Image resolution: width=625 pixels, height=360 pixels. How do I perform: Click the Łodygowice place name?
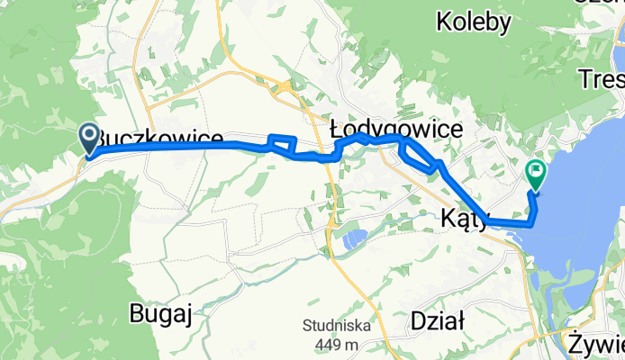tap(396, 130)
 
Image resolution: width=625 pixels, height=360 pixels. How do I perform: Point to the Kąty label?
tap(465, 217)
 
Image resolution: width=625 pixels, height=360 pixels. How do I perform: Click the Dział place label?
tap(437, 320)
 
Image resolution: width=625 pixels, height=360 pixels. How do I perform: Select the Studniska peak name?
tap(336, 327)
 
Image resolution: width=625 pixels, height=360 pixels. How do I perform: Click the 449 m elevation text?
tap(336, 344)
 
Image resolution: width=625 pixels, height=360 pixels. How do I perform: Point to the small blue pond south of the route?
tap(353, 239)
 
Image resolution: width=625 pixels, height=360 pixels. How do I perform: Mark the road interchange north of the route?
tap(285, 88)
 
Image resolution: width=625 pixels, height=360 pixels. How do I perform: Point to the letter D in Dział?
tap(416, 320)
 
